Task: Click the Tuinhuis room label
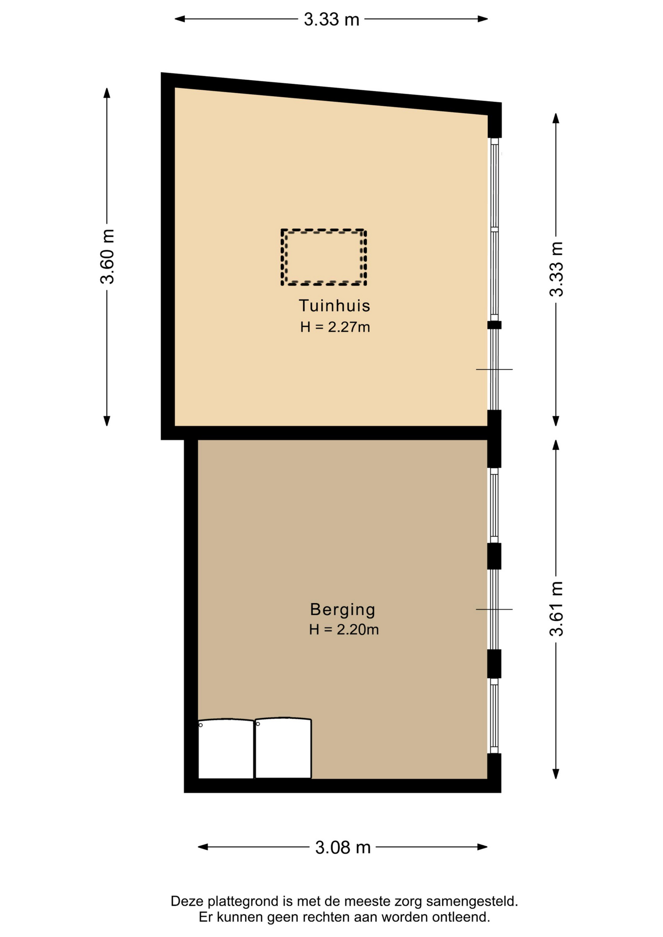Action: tap(334, 306)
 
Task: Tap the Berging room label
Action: tap(343, 609)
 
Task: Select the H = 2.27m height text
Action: tap(335, 327)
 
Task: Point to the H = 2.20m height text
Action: tap(344, 630)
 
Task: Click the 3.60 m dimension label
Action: tap(107, 256)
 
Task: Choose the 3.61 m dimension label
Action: tap(556, 609)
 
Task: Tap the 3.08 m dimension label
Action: tap(343, 847)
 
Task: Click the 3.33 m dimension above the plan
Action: tap(331, 20)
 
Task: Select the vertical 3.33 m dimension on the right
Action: tap(556, 269)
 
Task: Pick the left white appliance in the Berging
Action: tap(226, 749)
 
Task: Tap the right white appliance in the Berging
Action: tap(283, 748)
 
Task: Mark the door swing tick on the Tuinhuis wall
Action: tap(494, 369)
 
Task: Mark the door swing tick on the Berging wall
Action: tap(494, 609)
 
